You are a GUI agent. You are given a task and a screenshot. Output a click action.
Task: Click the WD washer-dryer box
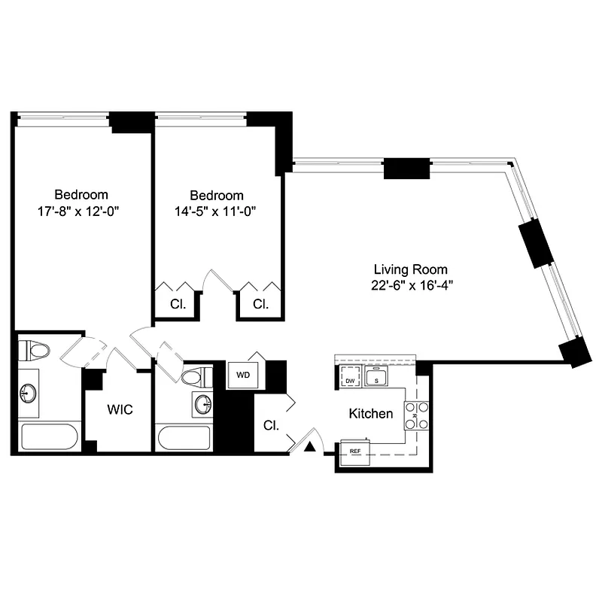point(243,375)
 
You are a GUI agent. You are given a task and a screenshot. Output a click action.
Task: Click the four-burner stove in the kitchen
point(417,416)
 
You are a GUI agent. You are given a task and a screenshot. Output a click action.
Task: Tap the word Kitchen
point(370,414)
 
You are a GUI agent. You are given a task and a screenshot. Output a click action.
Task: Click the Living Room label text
point(411,269)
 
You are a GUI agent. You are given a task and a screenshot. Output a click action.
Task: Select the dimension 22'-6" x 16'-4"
point(411,285)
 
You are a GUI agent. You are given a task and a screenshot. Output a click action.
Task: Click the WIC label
point(120,411)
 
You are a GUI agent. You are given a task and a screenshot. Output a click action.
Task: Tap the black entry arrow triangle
point(309,448)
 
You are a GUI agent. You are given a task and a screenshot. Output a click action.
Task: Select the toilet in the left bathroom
point(34,350)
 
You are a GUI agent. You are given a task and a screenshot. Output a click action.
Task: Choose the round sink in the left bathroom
point(29,392)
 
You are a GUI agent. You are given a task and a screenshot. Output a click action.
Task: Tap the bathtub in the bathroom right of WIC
point(184,438)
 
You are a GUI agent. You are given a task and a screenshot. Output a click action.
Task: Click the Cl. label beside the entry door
point(270,425)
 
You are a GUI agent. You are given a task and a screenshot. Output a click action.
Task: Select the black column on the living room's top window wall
point(406,169)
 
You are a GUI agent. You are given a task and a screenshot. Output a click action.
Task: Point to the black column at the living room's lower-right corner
point(576,351)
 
